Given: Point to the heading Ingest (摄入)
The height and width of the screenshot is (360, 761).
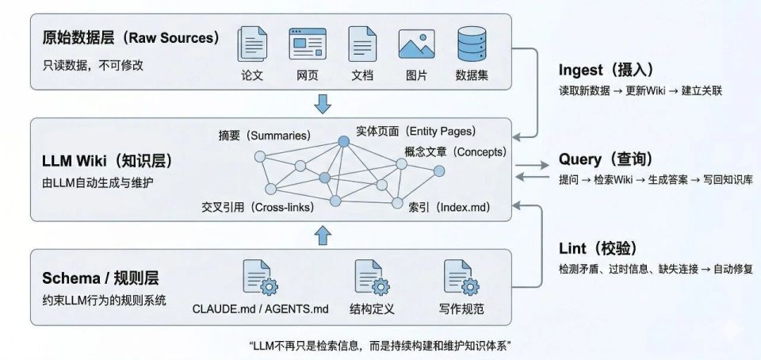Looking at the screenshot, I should pyautogui.click(x=606, y=69).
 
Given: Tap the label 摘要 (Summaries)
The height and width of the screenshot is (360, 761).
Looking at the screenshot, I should pyautogui.click(x=264, y=135).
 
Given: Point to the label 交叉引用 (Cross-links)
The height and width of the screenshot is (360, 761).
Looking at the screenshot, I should pyautogui.click(x=258, y=208).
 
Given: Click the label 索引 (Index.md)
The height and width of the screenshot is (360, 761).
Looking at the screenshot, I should pyautogui.click(x=449, y=208).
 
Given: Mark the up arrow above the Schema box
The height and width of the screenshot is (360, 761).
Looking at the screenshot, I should pyautogui.click(x=323, y=235).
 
